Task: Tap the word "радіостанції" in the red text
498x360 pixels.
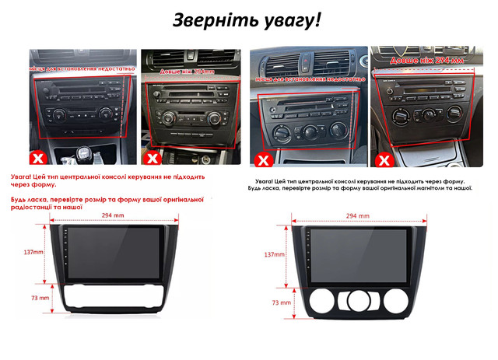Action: [x=33, y=208]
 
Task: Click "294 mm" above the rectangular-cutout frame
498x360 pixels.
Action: [x=114, y=215]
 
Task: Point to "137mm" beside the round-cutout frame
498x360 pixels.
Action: [x=275, y=254]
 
